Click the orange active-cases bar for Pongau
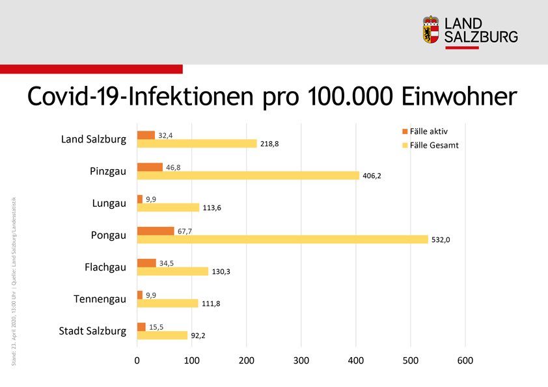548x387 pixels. click(x=156, y=231)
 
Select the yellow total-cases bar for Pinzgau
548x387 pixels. click(x=248, y=176)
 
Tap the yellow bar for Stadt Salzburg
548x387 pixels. click(x=163, y=336)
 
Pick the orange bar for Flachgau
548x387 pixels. click(x=146, y=263)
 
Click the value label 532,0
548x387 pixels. click(x=440, y=239)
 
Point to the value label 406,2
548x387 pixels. click(x=372, y=176)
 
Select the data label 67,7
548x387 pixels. click(x=187, y=231)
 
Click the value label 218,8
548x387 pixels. click(x=269, y=144)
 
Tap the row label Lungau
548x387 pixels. click(x=109, y=204)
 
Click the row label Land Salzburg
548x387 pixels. click(x=94, y=140)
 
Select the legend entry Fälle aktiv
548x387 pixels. click(x=433, y=131)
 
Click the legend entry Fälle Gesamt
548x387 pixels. click(x=435, y=145)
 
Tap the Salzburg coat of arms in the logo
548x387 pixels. click(x=431, y=30)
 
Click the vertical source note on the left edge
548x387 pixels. click(x=14, y=280)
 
